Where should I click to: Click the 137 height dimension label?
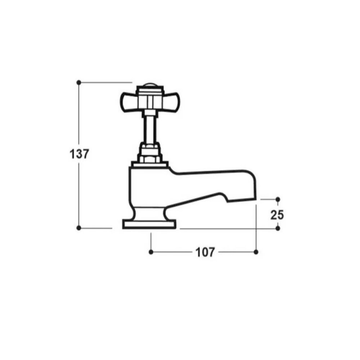tap(79, 154)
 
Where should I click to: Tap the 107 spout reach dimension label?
tap(205, 252)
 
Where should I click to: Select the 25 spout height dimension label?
tap(277, 215)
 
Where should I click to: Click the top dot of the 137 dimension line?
tap(79, 82)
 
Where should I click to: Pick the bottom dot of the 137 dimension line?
tap(79, 228)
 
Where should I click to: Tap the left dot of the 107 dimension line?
tap(151, 252)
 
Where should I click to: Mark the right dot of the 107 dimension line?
tap(256, 252)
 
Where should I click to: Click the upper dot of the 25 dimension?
tap(278, 199)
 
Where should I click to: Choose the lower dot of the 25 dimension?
tap(278, 228)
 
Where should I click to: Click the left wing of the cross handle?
tap(129, 102)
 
